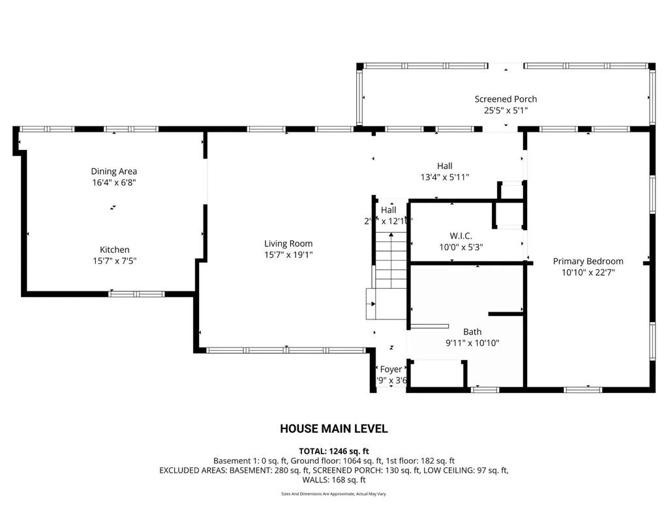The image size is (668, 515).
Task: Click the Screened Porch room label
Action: pos(506,99)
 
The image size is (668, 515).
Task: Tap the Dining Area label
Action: pos(114,171)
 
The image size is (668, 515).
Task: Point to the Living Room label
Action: pos(288,243)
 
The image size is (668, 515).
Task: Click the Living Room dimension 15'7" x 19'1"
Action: pos(288,255)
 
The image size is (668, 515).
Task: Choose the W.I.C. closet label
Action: pos(461,235)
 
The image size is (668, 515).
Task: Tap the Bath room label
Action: pos(472,331)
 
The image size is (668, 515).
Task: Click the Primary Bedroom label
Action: pos(588,261)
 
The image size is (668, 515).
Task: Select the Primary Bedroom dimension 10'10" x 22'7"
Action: pos(588,272)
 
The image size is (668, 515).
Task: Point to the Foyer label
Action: pos(391,369)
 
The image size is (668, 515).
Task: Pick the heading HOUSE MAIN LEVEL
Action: pos(333,428)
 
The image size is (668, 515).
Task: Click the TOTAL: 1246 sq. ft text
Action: pos(333,450)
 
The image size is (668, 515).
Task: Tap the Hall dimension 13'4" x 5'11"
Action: pos(444,177)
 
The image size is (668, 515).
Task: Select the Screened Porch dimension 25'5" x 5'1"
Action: pos(506,111)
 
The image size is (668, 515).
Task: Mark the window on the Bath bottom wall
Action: pos(485,390)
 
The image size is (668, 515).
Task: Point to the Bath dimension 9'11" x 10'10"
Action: pos(472,343)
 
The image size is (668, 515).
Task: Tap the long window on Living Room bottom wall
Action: pos(286,350)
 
